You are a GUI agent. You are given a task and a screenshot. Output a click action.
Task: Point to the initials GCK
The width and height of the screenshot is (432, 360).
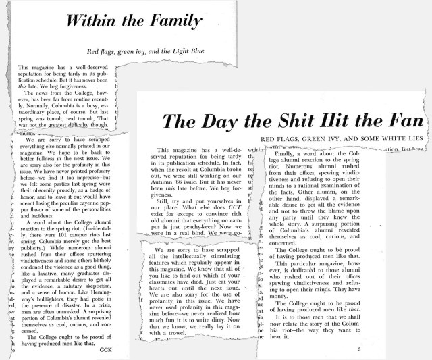[x=105, y=349]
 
